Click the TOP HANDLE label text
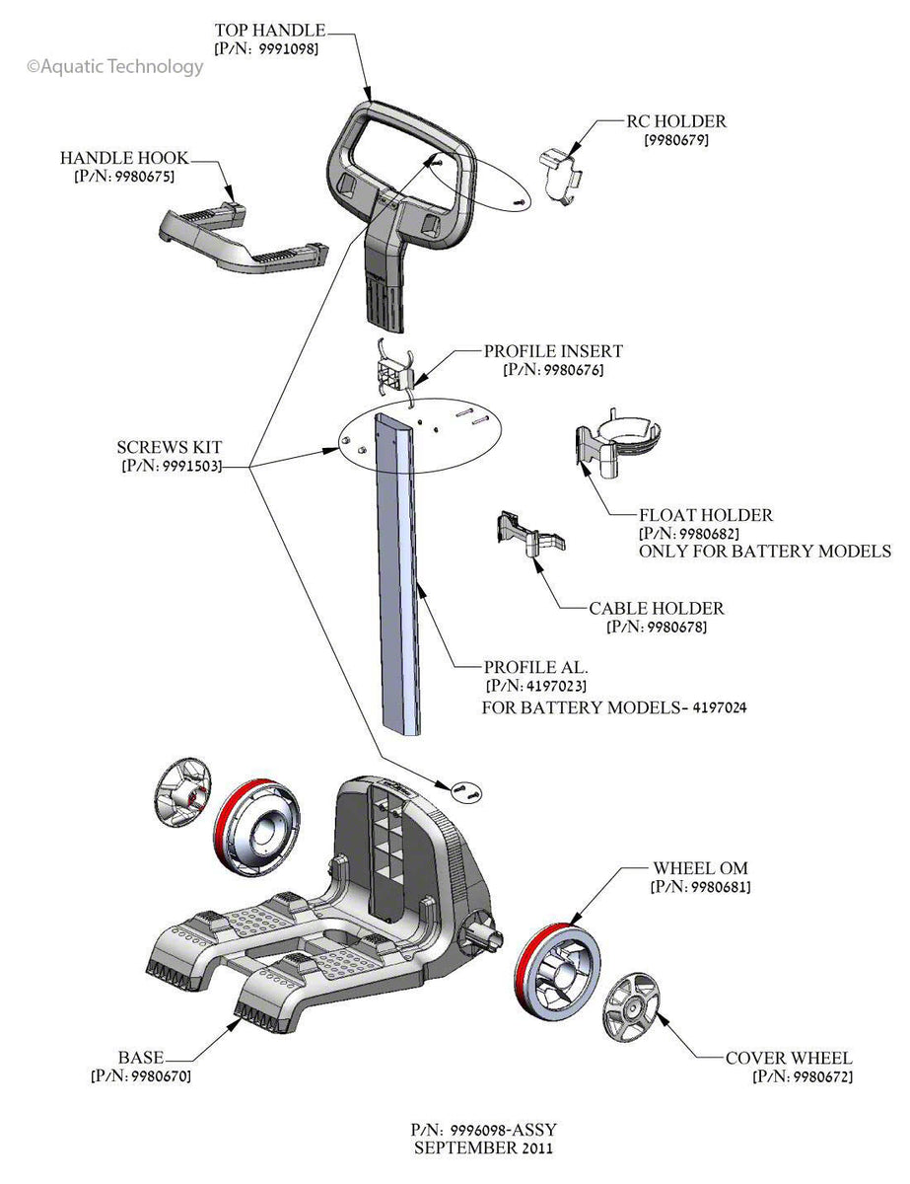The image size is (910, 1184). click(x=268, y=32)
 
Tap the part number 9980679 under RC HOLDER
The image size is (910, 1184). click(x=676, y=140)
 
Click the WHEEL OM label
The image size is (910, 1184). click(x=700, y=868)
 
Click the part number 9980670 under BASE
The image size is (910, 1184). click(x=140, y=1075)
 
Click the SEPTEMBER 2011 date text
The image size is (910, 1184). click(x=483, y=1148)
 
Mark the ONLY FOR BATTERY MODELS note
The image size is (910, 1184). click(x=764, y=551)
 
